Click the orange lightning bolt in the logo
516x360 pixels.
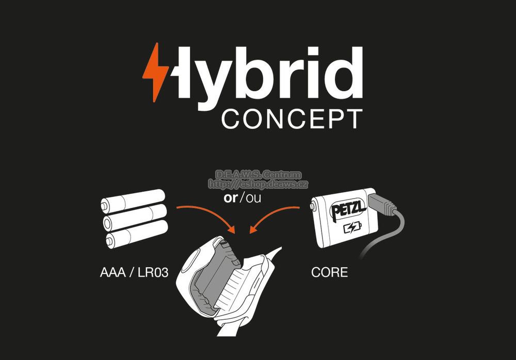(155, 72)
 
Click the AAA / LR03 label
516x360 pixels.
(134, 272)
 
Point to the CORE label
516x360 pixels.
(329, 272)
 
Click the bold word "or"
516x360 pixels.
(230, 198)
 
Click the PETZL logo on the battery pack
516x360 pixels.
(348, 209)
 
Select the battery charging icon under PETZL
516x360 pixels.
(352, 228)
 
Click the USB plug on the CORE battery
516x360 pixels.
(382, 204)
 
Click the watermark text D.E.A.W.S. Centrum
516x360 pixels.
(259, 174)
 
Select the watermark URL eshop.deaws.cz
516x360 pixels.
(258, 184)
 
